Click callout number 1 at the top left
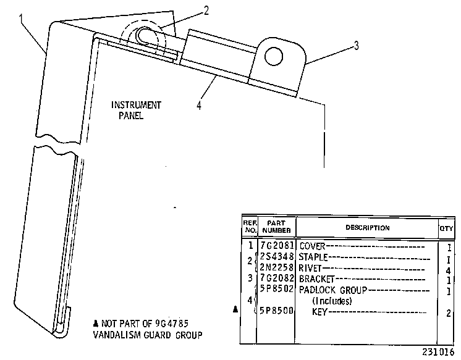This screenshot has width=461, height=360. point(20,19)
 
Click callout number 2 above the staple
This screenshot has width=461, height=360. point(206,10)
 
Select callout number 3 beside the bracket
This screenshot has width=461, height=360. point(357,46)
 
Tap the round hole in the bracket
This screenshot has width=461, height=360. point(274,56)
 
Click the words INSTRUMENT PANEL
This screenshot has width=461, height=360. point(136,110)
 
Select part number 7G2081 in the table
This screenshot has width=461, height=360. point(277,245)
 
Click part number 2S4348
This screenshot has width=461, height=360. point(277,256)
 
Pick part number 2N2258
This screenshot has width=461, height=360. point(277,267)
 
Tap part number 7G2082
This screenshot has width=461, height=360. point(277,278)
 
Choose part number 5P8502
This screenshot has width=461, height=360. point(277,289)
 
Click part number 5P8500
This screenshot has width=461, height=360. point(277,311)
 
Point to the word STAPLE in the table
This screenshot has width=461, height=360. point(313,257)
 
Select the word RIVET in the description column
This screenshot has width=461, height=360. point(310,268)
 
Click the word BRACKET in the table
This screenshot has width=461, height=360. point(316,278)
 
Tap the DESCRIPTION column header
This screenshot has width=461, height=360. point(368,228)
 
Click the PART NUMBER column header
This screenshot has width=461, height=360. point(276,227)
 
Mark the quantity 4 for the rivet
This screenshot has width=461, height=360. point(449,270)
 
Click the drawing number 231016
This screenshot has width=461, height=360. point(438,352)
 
